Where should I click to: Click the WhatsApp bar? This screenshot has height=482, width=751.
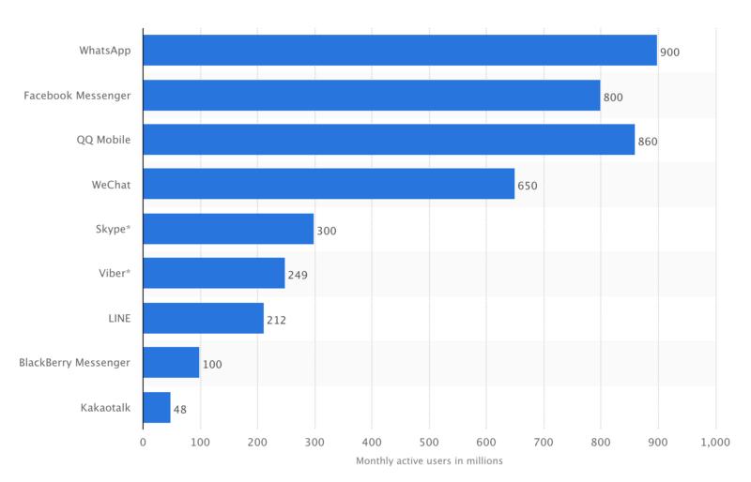(400, 51)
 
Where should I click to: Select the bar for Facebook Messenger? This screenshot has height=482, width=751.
(372, 96)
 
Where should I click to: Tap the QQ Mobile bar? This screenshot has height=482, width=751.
(389, 140)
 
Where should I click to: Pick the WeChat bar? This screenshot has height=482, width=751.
(329, 184)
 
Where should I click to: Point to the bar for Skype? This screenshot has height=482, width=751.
(228, 229)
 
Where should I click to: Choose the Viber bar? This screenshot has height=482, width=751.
(214, 273)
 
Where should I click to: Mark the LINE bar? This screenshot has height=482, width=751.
(204, 318)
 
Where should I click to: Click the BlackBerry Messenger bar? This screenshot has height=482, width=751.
(172, 362)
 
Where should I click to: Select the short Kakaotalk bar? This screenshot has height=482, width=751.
(157, 407)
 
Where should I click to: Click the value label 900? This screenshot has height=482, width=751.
(669, 53)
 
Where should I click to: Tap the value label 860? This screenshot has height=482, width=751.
(647, 142)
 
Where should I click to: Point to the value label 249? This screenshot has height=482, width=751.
(298, 275)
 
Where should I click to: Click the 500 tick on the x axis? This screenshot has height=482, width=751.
(429, 443)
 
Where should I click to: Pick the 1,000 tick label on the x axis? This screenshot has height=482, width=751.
(715, 443)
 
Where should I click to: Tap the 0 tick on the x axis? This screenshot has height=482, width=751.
(143, 443)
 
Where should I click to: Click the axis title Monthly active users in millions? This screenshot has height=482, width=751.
(429, 460)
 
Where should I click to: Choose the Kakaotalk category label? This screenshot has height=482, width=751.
(105, 407)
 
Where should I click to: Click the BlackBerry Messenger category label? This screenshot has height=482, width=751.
(75, 362)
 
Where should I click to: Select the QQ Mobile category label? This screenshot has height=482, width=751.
(103, 140)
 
